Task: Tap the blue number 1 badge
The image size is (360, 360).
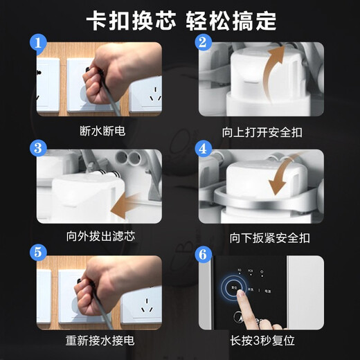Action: tap(39, 46)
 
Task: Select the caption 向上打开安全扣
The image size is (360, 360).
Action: tap(262, 130)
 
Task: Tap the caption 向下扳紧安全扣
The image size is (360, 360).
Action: tap(262, 237)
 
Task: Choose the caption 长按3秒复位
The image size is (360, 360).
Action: tap(262, 341)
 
